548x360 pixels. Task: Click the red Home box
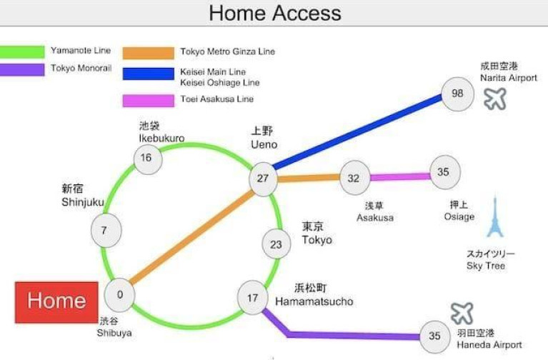(56, 302)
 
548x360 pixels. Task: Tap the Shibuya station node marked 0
(119, 295)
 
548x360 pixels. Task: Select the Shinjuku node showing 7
(106, 231)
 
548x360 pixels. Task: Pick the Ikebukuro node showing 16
(148, 159)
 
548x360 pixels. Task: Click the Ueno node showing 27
(263, 179)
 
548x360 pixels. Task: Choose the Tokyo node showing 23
(277, 244)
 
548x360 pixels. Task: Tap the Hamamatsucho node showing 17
(253, 297)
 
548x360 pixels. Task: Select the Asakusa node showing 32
(354, 178)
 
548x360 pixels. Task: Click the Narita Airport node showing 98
(457, 94)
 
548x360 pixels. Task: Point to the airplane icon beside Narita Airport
(495, 99)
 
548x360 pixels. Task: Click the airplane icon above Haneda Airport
(462, 313)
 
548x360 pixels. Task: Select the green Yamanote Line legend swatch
(22, 51)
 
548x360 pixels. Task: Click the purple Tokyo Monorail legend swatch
(22, 69)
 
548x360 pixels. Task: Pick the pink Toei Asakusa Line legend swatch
(148, 101)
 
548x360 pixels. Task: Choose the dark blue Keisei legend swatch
(148, 74)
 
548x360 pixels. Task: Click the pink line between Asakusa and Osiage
(400, 177)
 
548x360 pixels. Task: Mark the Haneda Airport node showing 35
(435, 336)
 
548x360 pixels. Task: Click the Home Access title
(275, 14)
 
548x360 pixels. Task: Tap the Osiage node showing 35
(445, 172)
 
